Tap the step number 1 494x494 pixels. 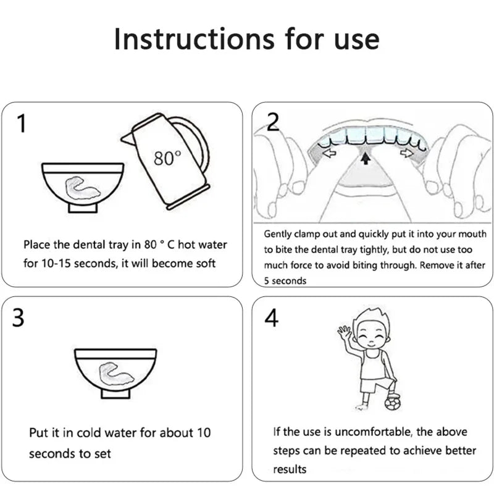pos(22,124)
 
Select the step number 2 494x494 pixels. pos(272,122)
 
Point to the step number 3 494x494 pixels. pos(18,317)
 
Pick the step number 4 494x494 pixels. pos(271,317)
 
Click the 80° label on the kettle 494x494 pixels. pos(167,157)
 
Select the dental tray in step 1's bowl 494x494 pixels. pos(82,189)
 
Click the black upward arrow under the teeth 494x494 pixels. pos(366,158)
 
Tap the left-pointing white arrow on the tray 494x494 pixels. pos(330,153)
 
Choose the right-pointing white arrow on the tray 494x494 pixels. pos(407,153)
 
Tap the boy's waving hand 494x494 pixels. pos(344,332)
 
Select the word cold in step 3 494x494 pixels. pos(89,433)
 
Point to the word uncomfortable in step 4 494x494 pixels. pos(374,432)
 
